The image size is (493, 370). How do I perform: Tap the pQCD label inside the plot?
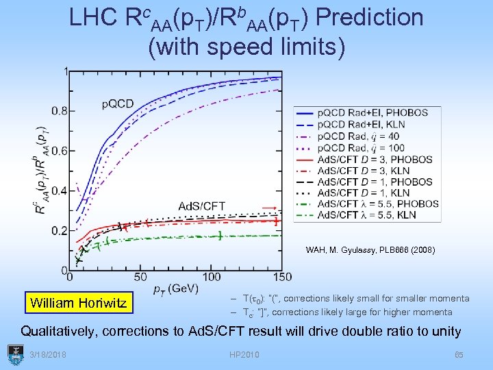click(118, 104)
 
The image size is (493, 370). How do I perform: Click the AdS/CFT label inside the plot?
click(202, 206)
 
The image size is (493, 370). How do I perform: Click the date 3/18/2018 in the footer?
click(49, 354)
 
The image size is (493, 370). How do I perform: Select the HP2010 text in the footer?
click(246, 354)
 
